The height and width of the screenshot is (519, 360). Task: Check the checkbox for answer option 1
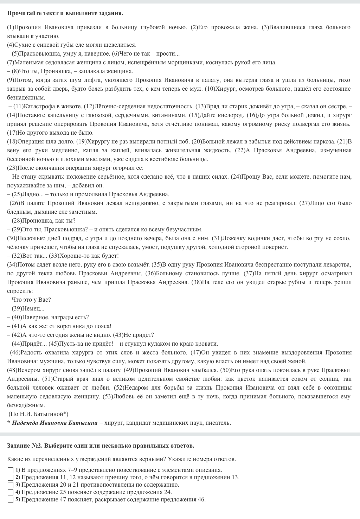point(11,470)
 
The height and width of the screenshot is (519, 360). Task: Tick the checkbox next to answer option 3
point(11,485)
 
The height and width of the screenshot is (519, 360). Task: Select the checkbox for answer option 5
point(11,500)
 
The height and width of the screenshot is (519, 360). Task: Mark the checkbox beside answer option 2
point(11,478)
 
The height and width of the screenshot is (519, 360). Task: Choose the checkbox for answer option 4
point(11,492)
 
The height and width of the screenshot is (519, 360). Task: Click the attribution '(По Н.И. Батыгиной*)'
point(38,414)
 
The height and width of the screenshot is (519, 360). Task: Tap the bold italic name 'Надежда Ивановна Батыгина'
point(54,423)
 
